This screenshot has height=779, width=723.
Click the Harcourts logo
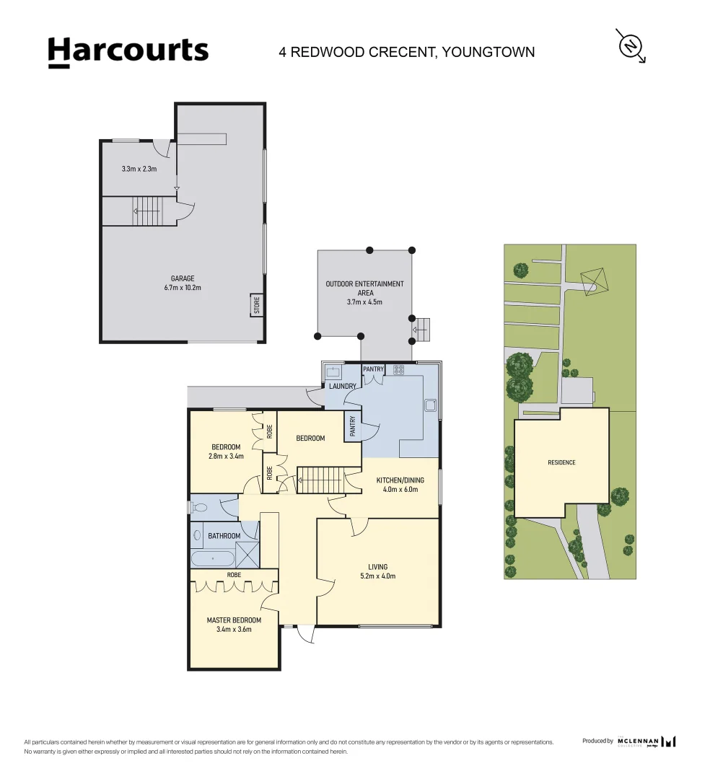coord(128,52)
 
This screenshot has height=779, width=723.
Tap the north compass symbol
coord(631,46)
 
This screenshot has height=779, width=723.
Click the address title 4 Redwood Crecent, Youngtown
coord(407,52)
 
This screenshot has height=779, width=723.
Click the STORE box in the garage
coord(256,305)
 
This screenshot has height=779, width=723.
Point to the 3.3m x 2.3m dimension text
coord(139,169)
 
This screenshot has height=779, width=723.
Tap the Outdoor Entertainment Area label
coord(364,289)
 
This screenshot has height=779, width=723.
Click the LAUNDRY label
coord(342,386)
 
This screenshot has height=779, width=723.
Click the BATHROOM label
coord(224,536)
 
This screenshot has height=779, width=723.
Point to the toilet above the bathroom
coord(200,508)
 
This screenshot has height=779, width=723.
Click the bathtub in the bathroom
coord(212,559)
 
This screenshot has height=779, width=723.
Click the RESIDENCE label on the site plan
coord(561,462)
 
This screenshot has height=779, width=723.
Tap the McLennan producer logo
coord(647,741)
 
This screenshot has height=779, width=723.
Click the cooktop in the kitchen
coord(398,370)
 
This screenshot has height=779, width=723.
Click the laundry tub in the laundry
coord(333,372)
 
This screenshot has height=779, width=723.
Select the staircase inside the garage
coord(148,212)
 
